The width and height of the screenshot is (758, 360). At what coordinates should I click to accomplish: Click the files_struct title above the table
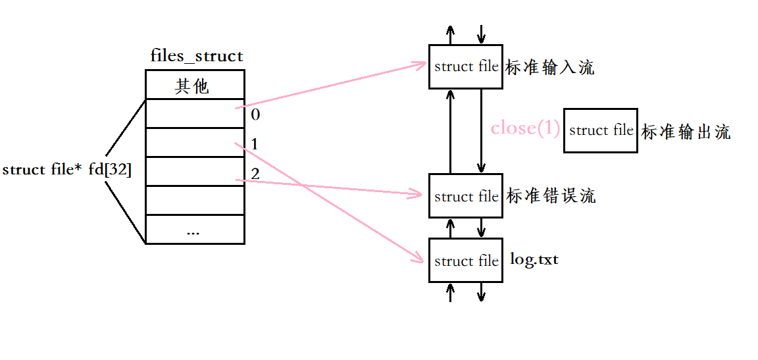pos(196,56)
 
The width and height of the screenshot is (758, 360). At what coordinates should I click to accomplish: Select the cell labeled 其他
pos(194,86)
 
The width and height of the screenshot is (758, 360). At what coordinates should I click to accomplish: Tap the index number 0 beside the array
pos(255,115)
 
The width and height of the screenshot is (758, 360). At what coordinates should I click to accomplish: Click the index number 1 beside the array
pos(254,144)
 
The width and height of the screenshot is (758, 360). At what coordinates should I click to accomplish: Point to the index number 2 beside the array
pos(255,174)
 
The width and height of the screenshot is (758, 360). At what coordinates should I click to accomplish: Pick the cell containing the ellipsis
pos(194,230)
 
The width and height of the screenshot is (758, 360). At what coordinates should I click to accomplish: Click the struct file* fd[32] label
pos(67,170)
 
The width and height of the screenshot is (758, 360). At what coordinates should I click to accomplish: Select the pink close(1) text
pos(525,128)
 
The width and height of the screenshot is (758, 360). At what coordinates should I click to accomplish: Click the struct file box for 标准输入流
pos(465,66)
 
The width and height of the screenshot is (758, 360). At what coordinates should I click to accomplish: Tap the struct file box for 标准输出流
pos(600,130)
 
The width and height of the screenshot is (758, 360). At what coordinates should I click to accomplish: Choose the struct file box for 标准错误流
pos(465,196)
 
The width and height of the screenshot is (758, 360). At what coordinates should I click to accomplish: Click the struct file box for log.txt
pos(465,261)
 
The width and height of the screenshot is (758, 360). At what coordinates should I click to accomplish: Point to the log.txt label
pos(534,259)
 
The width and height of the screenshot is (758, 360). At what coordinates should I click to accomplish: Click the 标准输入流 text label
pos(549,67)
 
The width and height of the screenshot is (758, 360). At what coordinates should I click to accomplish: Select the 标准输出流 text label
pos(686,132)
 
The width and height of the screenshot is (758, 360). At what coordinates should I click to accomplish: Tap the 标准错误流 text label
pos(551,196)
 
